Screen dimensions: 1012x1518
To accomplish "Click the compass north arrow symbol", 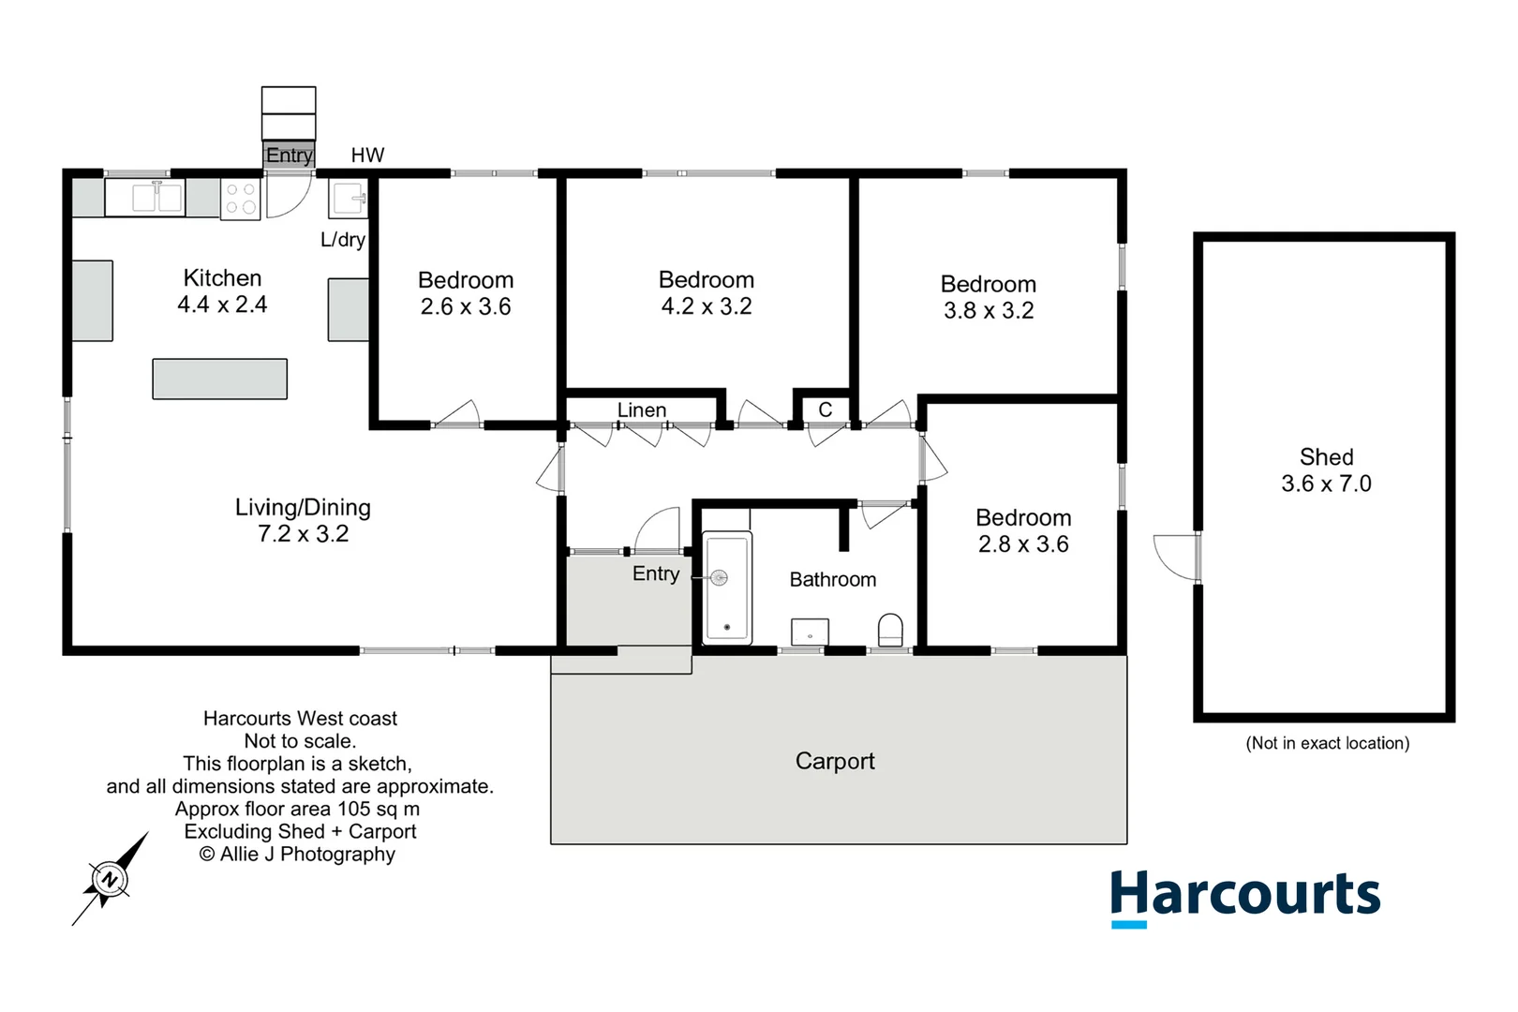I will point(111,879).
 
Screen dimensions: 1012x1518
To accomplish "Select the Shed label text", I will point(1326,457).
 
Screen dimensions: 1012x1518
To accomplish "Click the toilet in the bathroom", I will point(890,631).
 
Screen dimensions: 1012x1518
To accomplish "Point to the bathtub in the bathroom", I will point(727,588).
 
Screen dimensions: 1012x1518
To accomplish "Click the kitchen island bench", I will point(220,379).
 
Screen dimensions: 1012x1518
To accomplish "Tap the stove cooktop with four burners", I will point(241,199).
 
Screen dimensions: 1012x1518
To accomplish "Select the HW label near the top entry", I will point(367,156).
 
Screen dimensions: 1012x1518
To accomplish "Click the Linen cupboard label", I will point(642,410).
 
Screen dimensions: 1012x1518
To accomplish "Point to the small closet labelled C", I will point(825,409).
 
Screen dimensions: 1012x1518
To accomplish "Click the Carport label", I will point(835,761).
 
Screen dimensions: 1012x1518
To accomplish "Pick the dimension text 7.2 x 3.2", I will point(303,534).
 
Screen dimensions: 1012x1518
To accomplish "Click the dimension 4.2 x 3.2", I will point(707,306).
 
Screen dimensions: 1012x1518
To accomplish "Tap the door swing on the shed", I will point(1175,557).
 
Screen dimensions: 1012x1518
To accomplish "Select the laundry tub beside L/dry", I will point(349,199).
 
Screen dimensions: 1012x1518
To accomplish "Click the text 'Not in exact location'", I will point(1327,743).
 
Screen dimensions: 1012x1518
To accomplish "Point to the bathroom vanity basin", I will point(810,632).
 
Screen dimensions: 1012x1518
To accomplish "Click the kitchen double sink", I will point(156,198).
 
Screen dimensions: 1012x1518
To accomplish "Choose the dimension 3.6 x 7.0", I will point(1326,484).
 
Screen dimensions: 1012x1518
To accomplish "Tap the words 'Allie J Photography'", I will point(307,854).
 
